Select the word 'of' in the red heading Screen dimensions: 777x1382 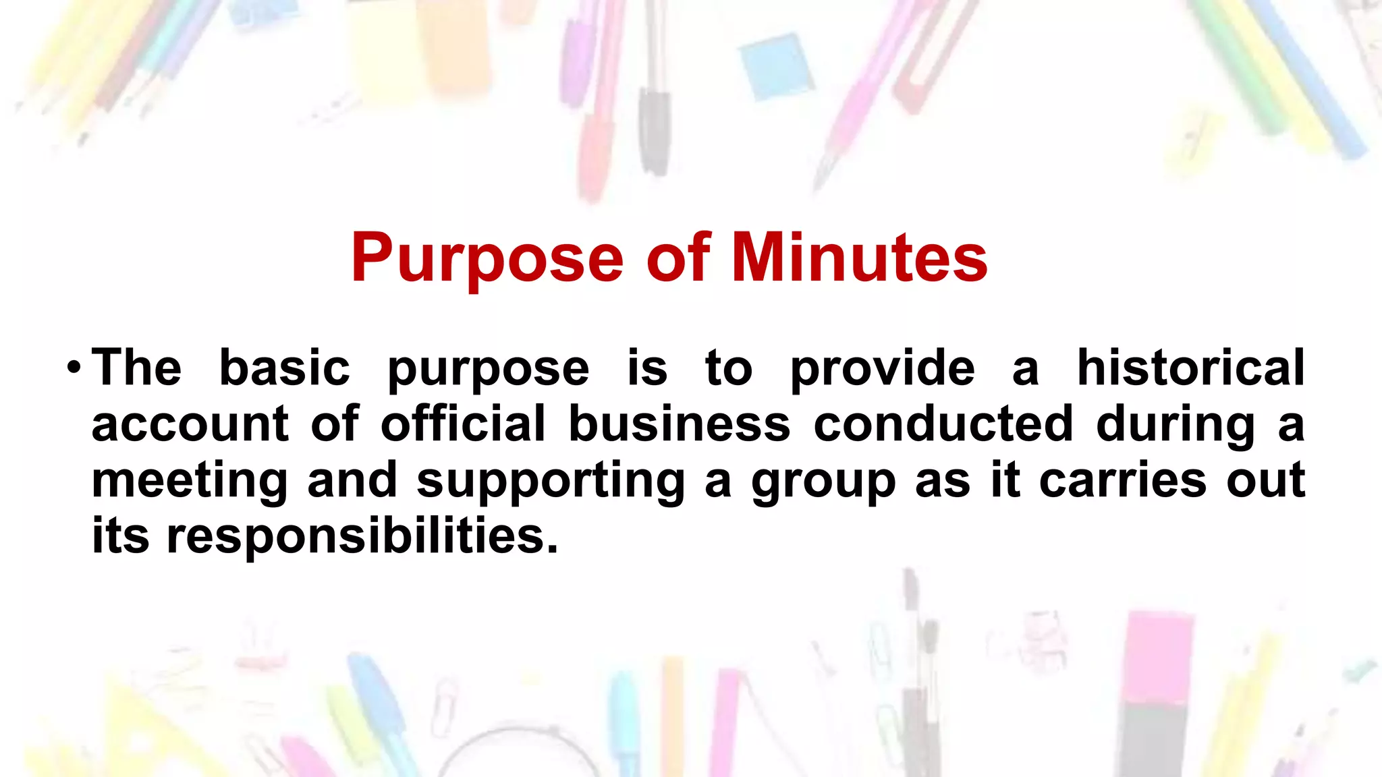click(x=678, y=258)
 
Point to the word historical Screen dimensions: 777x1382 click(x=1190, y=368)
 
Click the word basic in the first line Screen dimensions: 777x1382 click(x=285, y=368)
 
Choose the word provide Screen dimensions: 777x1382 click(x=883, y=370)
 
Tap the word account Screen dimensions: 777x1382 click(x=190, y=424)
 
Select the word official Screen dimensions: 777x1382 click(x=463, y=424)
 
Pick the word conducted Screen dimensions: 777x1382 click(x=943, y=424)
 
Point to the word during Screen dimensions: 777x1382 click(x=1176, y=426)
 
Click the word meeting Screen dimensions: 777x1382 click(x=190, y=481)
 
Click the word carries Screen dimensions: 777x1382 click(x=1122, y=481)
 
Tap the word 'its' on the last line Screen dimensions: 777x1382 click(x=120, y=536)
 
